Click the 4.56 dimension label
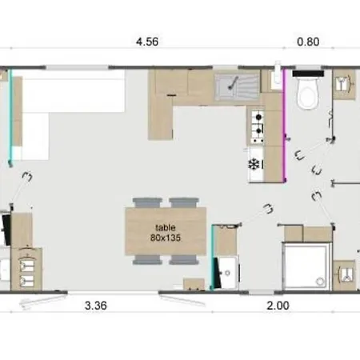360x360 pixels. [x=147, y=42]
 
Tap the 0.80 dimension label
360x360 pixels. [x=308, y=42]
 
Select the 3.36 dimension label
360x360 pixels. [x=96, y=306]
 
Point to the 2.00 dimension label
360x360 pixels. [x=278, y=306]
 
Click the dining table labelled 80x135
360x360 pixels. [x=166, y=231]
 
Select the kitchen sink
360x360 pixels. [x=237, y=86]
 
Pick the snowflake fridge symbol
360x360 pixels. [x=254, y=165]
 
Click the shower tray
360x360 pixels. [x=306, y=266]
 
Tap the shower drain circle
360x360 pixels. [x=320, y=281]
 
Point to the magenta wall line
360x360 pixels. [x=285, y=126]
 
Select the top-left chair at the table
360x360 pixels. [x=147, y=202]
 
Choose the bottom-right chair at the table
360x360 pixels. [x=183, y=260]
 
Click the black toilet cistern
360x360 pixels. [x=308, y=74]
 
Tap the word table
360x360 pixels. [x=166, y=227]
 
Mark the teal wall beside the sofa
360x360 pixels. [x=10, y=116]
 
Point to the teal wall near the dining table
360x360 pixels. [x=213, y=257]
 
